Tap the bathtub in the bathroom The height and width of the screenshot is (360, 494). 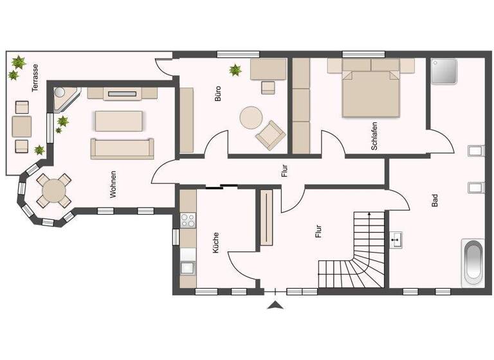coord(473,262)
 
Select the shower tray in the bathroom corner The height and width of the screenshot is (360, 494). coord(444,72)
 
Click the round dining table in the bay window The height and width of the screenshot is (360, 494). coord(53,191)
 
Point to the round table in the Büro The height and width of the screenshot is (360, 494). coord(250,118)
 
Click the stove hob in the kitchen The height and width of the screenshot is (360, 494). coord(188,221)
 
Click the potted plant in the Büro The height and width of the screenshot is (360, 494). coord(235,69)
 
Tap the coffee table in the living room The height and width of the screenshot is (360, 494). coord(120,121)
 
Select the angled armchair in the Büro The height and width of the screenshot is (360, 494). coord(270,133)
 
